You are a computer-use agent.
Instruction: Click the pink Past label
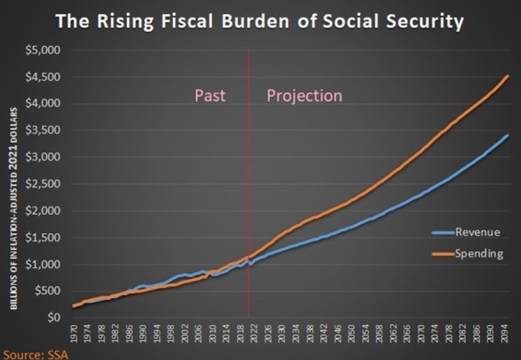pyautogui.click(x=210, y=96)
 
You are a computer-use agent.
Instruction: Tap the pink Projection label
pyautogui.click(x=304, y=96)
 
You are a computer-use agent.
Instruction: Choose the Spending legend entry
pyautogui.click(x=479, y=253)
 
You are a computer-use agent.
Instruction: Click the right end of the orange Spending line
pyautogui.click(x=509, y=76)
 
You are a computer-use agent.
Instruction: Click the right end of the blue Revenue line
pyautogui.click(x=508, y=135)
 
